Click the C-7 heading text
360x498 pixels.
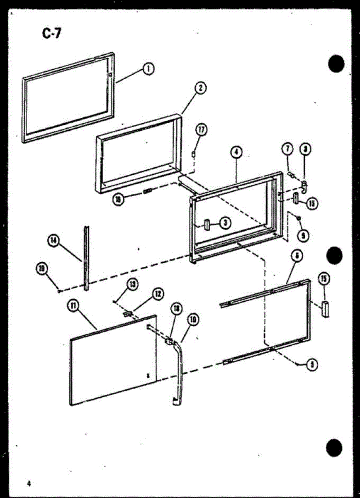tap(51, 33)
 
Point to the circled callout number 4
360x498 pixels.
tap(235, 152)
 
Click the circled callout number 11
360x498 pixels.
tap(73, 306)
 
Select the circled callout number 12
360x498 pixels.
tap(158, 294)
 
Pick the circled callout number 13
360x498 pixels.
tap(132, 284)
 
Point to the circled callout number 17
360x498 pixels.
tap(202, 130)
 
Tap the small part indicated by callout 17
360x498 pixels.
tap(193, 154)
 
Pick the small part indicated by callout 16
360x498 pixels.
tap(147, 191)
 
